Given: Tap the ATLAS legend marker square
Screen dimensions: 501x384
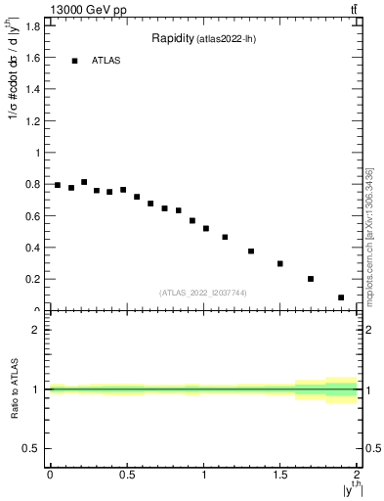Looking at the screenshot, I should tap(74, 61).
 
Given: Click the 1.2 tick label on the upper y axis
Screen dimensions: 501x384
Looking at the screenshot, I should tap(34, 121).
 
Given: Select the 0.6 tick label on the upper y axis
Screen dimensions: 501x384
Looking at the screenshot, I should tap(34, 216).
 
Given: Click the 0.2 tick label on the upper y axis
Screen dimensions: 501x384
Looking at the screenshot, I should tap(34, 279).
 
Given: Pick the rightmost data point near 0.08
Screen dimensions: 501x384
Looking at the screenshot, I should tap(341, 297).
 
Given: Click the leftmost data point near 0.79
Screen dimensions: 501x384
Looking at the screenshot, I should tap(58, 185).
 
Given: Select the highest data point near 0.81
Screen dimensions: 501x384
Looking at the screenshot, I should tap(84, 182).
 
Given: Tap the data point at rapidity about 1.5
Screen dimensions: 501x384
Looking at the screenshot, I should tap(279, 263).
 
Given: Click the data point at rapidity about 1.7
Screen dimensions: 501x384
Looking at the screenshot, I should tap(311, 279).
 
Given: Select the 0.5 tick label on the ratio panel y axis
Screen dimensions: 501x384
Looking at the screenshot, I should tap(32, 448).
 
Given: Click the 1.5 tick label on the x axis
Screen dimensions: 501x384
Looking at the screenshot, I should tap(279, 475).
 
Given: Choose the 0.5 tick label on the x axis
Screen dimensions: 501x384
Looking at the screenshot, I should tap(126, 475).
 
